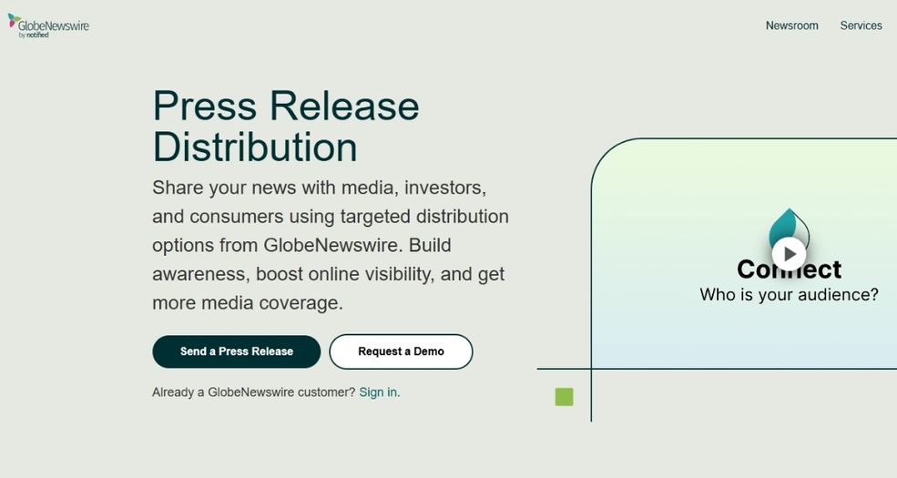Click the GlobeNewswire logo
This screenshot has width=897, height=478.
click(48, 25)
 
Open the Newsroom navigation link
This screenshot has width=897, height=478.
click(791, 25)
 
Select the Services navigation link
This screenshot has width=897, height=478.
click(861, 25)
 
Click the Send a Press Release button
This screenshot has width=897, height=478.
click(236, 351)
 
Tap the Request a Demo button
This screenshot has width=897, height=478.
click(401, 351)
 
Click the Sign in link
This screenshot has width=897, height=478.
click(378, 392)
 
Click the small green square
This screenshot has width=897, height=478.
click(564, 397)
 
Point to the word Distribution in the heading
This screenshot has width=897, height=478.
click(255, 147)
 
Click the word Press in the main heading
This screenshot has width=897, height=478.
click(205, 106)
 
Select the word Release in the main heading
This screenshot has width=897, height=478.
click(344, 106)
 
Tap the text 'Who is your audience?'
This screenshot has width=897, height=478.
click(789, 295)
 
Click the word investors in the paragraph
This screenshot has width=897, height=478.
click(445, 188)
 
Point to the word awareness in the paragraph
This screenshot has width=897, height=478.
click(200, 274)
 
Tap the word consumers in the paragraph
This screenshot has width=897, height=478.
click(236, 218)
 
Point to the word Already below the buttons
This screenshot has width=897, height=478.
click(173, 392)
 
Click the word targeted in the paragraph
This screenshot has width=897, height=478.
click(375, 218)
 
